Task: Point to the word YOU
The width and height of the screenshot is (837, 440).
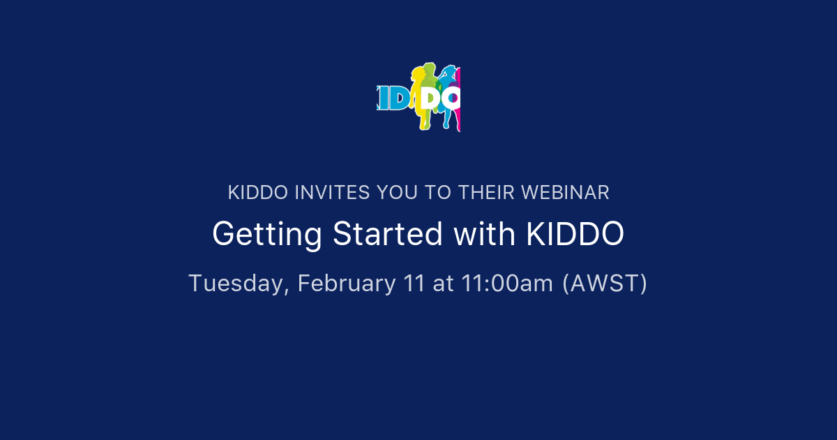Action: pyautogui.click(x=397, y=193)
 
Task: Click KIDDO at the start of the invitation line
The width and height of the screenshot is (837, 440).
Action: pyautogui.click(x=258, y=193)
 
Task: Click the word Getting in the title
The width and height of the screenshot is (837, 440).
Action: pyautogui.click(x=266, y=235)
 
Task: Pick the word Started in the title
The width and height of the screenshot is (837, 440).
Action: pyautogui.click(x=388, y=234)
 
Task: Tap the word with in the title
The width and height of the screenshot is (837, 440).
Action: pyautogui.click(x=484, y=234)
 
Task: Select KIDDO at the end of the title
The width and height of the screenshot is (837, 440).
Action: pyautogui.click(x=575, y=234)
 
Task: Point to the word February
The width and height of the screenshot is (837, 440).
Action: pyautogui.click(x=347, y=284)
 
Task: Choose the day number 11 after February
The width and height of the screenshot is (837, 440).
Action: pyautogui.click(x=414, y=284)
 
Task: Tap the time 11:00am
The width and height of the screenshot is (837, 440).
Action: pyautogui.click(x=507, y=284)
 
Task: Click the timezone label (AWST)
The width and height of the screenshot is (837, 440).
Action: pyautogui.click(x=604, y=284)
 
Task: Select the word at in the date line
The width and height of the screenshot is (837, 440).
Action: pyautogui.click(x=443, y=284)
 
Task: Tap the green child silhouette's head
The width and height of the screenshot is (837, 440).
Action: pyautogui.click(x=430, y=69)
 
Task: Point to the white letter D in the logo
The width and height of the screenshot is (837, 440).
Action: pyautogui.click(x=428, y=98)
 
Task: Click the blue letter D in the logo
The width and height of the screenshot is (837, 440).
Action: pyautogui.click(x=398, y=98)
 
